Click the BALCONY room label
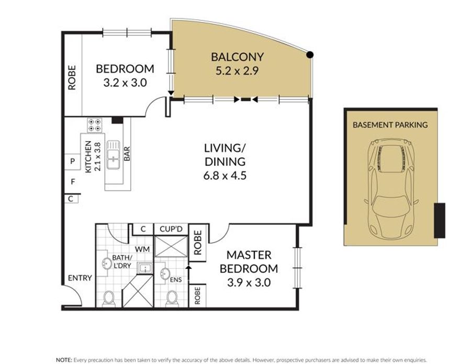coord(237,56)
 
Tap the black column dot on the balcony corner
coord(310,54)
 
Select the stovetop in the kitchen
coord(94,125)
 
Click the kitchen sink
coord(113,155)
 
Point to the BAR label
coord(127,153)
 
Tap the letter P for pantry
coord(72,162)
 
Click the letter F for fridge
coord(73,181)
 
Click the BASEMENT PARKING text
coord(390,124)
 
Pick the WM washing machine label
coord(142,249)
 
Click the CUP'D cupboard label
coord(171,229)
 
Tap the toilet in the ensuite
coord(172,298)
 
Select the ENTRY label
coord(80,278)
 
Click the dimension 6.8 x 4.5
coord(225,175)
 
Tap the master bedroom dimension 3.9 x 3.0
coord(249,282)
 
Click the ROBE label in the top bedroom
coord(72,78)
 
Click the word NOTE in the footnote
coord(64,360)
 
